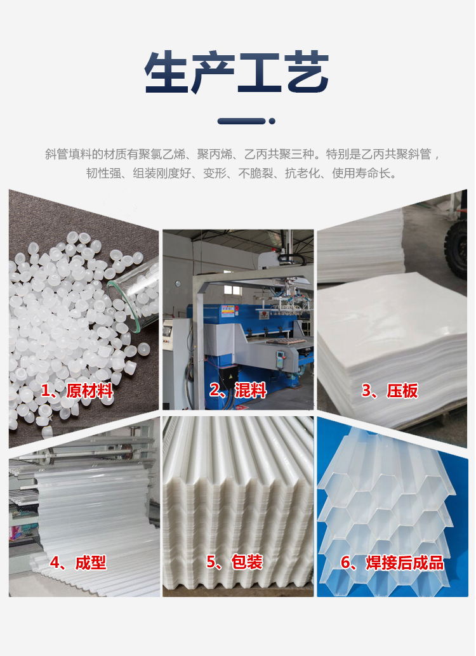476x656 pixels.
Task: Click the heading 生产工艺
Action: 237,72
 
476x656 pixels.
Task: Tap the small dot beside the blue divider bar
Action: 272,121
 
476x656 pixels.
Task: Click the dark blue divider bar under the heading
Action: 242,121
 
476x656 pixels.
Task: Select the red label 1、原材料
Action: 77,391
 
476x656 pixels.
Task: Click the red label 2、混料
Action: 238,390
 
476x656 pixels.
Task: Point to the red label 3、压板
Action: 390,391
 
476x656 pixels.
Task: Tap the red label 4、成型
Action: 78,563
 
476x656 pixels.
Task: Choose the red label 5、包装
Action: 234,562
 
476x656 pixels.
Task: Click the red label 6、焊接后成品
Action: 392,563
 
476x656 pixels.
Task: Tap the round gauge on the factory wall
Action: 178,284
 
